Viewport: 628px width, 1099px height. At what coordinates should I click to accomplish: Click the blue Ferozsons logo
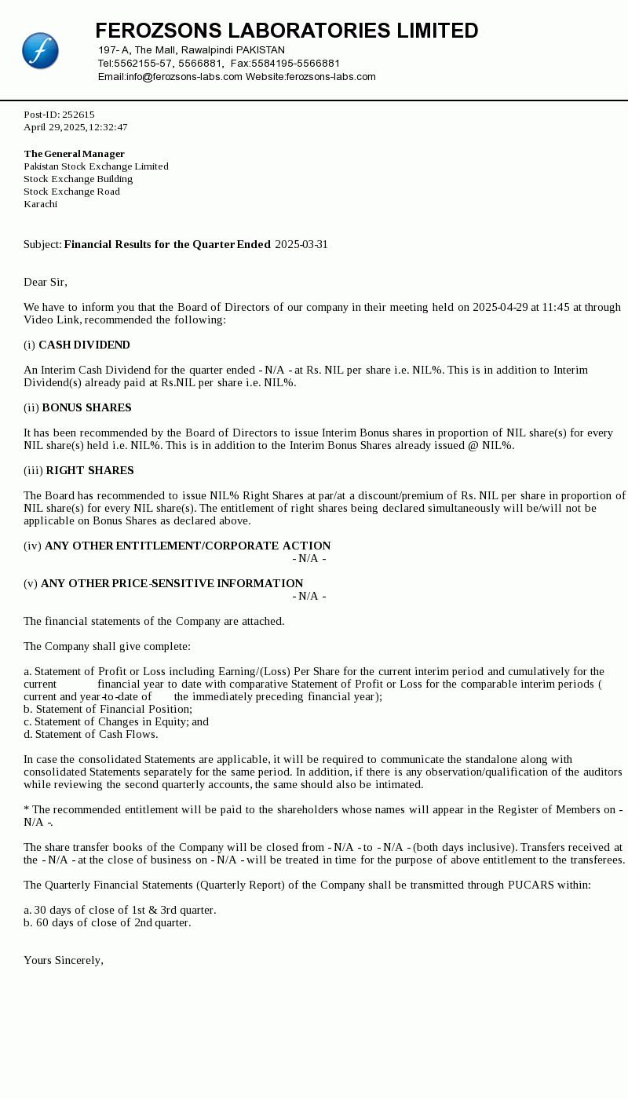click(40, 51)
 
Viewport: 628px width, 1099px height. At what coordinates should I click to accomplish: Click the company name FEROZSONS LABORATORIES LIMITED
click(287, 31)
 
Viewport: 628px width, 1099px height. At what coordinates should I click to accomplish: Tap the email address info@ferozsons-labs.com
click(184, 77)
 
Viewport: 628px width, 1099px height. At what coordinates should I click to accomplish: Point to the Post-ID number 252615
click(78, 115)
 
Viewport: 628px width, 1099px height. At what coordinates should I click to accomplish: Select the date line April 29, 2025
click(75, 127)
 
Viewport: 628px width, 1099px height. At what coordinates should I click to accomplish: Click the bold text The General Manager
click(75, 154)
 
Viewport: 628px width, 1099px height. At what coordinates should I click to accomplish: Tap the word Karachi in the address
click(41, 204)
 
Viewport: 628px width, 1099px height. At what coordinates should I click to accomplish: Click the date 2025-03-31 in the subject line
click(301, 244)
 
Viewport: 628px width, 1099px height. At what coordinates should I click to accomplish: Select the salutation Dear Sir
click(46, 282)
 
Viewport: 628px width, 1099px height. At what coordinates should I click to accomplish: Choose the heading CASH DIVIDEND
click(84, 345)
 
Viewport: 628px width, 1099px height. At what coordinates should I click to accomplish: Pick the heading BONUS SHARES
click(86, 407)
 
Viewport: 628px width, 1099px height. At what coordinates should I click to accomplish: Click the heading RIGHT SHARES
click(89, 470)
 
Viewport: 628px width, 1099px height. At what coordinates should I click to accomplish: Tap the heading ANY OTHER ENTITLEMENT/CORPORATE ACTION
click(188, 546)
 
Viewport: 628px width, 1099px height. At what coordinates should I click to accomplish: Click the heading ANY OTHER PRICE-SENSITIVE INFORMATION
click(172, 583)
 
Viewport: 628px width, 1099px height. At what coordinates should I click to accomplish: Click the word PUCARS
click(531, 885)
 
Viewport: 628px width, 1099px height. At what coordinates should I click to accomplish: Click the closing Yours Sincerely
click(64, 960)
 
